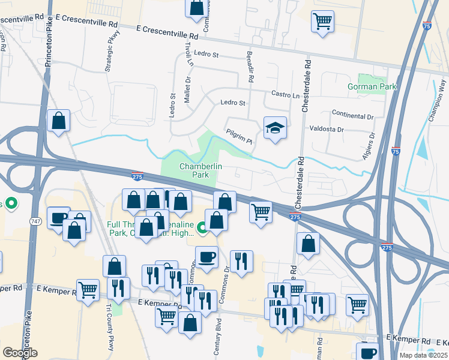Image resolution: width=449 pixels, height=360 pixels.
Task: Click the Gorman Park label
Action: point(372,86)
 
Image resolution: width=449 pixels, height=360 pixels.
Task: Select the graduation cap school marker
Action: point(275,128)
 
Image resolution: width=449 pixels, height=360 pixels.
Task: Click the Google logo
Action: point(20,352)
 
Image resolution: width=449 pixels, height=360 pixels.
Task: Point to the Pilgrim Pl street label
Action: point(239,137)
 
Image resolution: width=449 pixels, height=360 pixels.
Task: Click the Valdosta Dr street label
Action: point(327,129)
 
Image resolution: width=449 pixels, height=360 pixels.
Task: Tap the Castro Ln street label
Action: point(285,95)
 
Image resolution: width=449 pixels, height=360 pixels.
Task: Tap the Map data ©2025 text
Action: point(423,355)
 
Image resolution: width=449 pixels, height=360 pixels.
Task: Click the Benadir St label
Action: point(249,67)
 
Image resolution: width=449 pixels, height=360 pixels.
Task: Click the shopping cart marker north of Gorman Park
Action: point(322,22)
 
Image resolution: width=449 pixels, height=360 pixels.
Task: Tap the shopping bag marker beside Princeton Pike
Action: point(59,121)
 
